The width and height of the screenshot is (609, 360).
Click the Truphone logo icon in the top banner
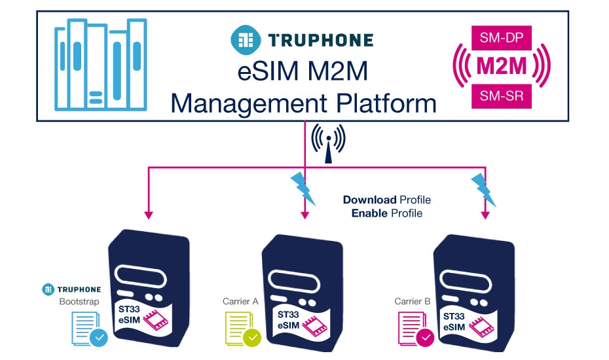pos(244,39)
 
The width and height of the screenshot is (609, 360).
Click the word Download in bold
pos(369,200)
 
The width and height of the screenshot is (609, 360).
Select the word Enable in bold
pos(369,213)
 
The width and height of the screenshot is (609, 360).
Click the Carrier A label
pos(241,302)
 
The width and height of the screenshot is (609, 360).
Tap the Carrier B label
pos(413,302)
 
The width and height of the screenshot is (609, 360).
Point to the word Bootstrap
pos(79,302)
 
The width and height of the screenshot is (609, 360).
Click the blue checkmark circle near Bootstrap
pos(100,338)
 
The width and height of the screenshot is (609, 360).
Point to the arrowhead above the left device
pos(149,214)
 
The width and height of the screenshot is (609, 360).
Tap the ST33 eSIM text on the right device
pos(454,320)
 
